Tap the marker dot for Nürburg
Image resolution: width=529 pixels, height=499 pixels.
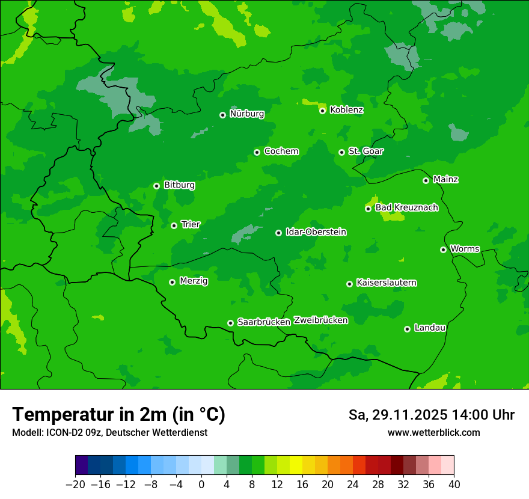222,115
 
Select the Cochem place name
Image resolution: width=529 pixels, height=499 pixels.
281,151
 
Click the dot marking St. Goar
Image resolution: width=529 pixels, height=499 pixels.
341,152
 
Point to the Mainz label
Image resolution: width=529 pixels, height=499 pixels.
445,179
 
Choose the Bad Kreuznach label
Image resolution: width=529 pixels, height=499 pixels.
406,207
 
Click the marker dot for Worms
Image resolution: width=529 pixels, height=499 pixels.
443,249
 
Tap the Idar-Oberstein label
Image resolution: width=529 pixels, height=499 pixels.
316,231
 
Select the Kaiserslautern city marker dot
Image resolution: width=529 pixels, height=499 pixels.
349,284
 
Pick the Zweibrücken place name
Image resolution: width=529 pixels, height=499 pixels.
320,320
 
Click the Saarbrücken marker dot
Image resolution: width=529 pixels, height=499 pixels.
230,323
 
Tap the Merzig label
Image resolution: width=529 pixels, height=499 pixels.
194,281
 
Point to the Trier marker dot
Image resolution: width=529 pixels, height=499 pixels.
174,225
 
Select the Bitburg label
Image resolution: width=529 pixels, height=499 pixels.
179,185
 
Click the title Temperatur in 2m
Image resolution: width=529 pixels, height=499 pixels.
118,414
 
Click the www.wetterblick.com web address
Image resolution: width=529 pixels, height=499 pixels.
433,432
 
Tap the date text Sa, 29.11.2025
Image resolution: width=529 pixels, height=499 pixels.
397,415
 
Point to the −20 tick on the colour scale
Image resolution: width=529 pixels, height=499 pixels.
76,483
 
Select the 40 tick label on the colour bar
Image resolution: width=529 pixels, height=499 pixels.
453,483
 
